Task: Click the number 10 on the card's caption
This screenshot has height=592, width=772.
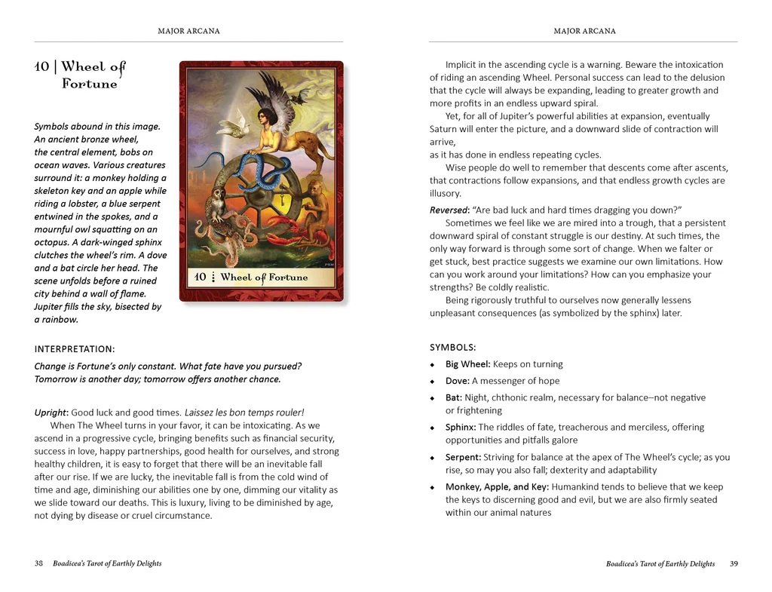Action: pos(200,277)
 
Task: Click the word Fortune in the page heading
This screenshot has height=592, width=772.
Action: pos(89,84)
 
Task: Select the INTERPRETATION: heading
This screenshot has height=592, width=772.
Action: pos(75,349)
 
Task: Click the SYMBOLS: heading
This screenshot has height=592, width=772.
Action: pos(452,348)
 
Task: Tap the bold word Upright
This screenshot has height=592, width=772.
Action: pos(51,413)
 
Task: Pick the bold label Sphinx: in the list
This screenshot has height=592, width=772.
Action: pos(460,428)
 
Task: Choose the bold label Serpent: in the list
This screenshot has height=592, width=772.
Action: pos(463,458)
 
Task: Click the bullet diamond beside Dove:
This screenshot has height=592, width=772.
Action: pos(433,382)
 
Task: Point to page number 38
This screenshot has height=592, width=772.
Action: pos(38,563)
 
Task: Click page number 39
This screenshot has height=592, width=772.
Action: pos(734,563)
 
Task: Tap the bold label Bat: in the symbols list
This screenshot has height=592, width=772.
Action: pos(454,397)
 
